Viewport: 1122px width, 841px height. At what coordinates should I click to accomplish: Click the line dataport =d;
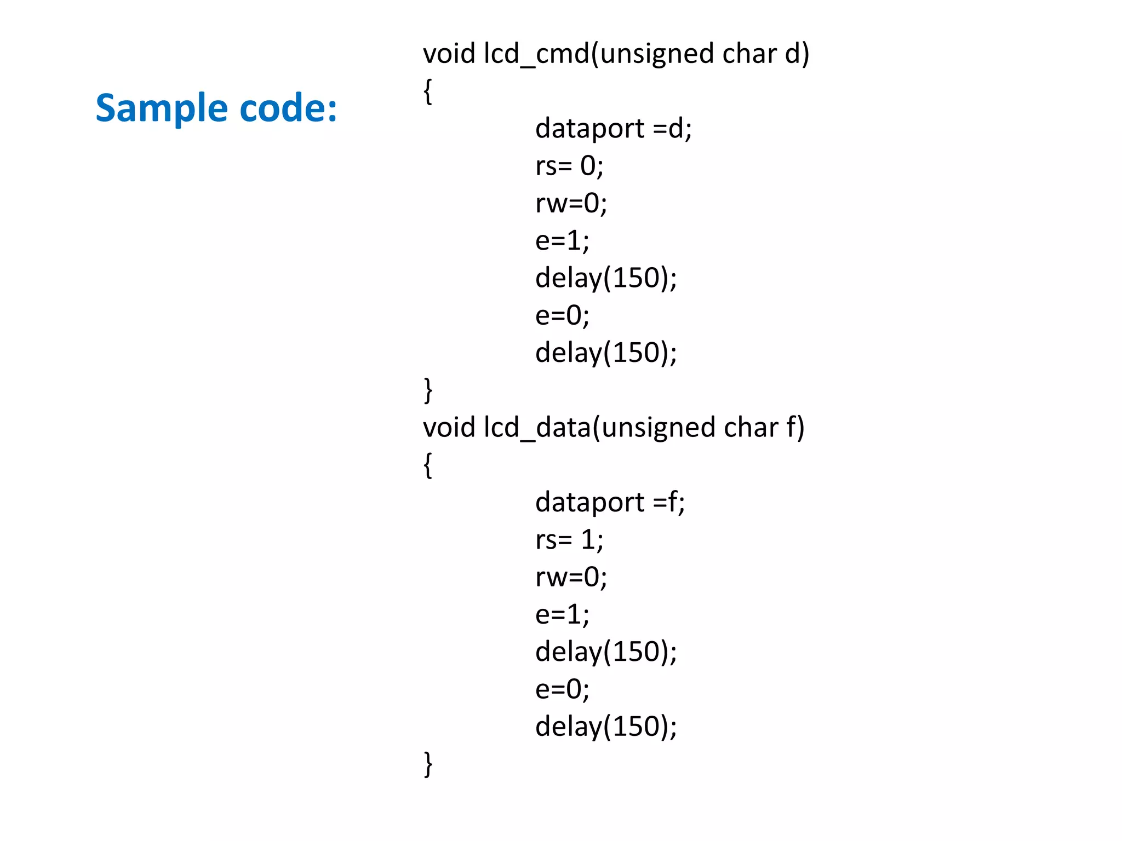[613, 129]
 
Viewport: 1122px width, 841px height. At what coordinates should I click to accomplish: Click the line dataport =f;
[609, 502]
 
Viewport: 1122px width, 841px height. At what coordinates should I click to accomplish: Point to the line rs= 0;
[569, 166]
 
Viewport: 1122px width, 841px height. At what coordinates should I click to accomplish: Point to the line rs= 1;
[569, 540]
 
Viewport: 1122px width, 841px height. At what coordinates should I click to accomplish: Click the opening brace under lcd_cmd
[428, 91]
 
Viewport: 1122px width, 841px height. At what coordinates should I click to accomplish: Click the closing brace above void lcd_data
[428, 390]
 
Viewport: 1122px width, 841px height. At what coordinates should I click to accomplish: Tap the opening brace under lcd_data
[428, 465]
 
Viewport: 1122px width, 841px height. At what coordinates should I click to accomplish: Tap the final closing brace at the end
[428, 764]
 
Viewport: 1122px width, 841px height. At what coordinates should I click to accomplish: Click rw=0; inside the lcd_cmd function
[571, 204]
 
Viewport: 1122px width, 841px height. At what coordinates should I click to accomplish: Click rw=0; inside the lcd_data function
[571, 577]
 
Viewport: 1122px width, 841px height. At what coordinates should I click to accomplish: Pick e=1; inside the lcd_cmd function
[562, 241]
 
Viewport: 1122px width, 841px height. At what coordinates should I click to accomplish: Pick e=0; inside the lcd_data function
[562, 689]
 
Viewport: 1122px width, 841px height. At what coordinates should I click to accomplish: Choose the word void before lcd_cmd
[449, 54]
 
